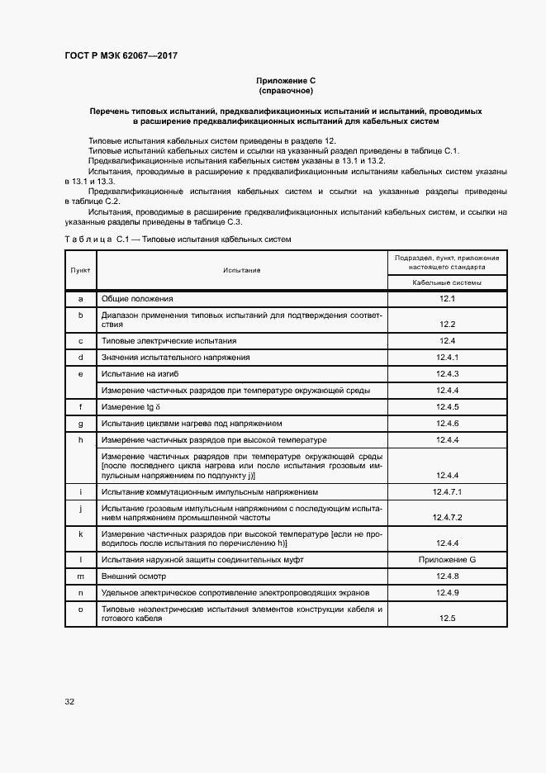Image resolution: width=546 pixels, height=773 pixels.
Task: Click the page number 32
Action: pos(69,701)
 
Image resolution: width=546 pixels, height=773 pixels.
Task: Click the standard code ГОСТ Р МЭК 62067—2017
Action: pos(121,55)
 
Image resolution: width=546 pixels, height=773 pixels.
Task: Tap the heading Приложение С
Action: pos(286,80)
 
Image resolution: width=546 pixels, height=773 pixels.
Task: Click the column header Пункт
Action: pos(81,270)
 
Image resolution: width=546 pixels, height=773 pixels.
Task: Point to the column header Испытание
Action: pos(241,270)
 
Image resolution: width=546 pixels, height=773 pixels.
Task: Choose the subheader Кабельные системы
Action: pos(448,282)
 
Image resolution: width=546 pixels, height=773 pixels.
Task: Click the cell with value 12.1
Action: pos(448,298)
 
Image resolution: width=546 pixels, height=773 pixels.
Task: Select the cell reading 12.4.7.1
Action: pos(448,492)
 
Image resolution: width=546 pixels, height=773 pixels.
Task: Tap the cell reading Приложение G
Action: pos(448,560)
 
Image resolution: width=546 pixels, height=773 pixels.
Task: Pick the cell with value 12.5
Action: pos(448,618)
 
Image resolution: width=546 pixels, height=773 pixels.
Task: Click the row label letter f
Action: pos(81,407)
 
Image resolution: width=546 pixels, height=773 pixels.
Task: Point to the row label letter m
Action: pos(81,576)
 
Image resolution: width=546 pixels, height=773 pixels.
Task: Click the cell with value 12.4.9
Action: pos(448,593)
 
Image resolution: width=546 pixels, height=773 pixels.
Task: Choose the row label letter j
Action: pos(81,509)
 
